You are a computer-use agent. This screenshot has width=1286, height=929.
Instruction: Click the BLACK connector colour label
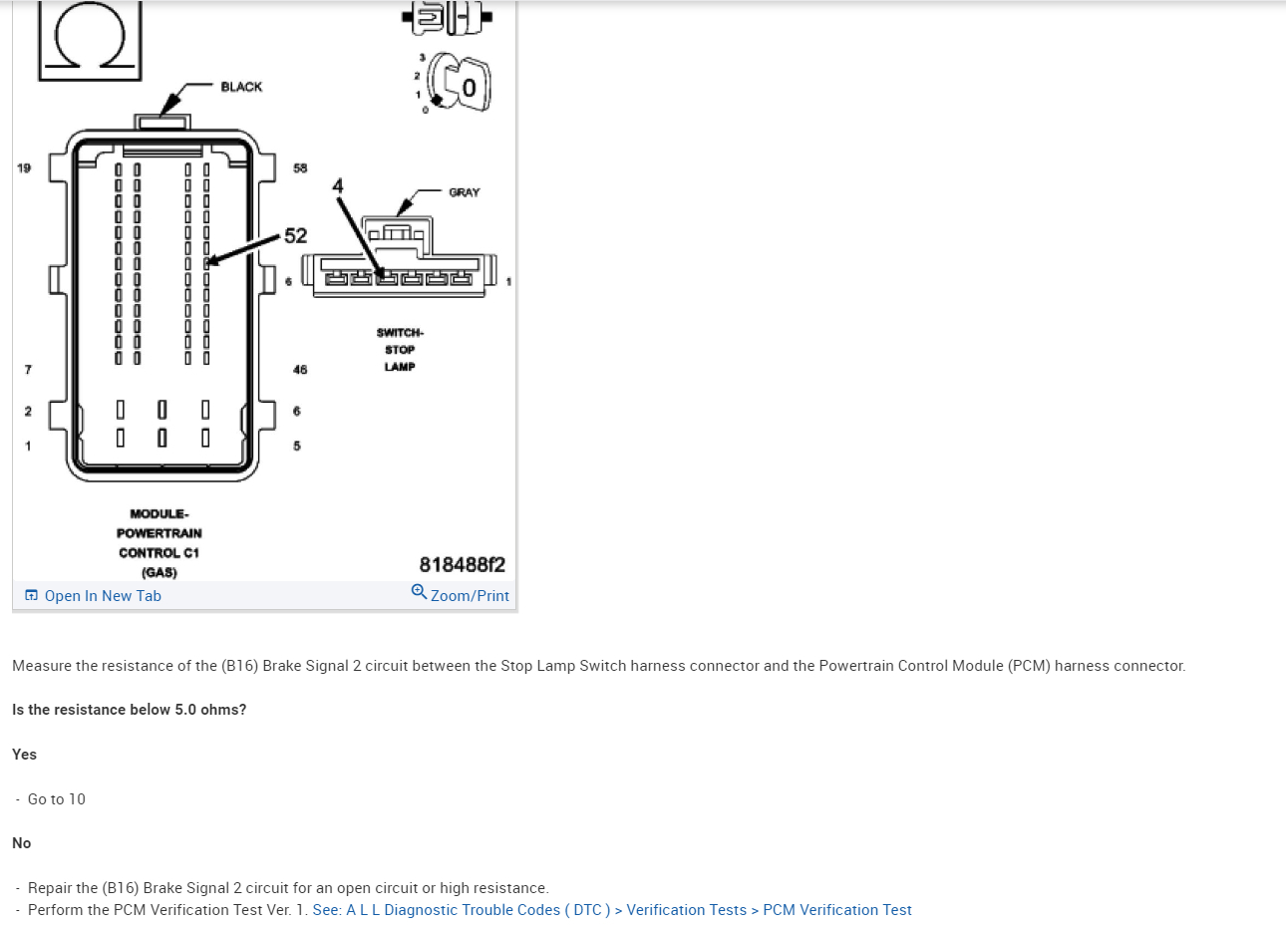pos(241,87)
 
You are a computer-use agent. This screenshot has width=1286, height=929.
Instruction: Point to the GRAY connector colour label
pos(464,192)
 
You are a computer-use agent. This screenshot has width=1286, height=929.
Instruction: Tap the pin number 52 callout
pos(296,236)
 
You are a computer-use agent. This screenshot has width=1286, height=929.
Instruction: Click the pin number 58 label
pos(300,168)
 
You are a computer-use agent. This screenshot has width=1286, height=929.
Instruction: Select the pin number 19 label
pos(24,167)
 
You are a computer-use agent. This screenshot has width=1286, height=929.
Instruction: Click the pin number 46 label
pos(300,370)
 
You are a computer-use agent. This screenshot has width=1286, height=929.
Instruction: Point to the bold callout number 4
pos(338,186)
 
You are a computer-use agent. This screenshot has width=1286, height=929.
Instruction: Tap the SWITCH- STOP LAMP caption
pos(400,350)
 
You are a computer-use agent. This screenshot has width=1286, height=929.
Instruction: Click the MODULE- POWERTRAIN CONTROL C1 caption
pos(160,533)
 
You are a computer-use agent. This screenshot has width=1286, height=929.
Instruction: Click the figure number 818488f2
pos(462,565)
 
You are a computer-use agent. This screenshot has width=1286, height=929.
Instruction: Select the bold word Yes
pos(24,755)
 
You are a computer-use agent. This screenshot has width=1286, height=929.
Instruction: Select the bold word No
pos(21,843)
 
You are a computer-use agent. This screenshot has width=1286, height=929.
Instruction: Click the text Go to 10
pos(57,799)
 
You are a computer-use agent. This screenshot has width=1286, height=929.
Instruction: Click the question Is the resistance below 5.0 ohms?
pos(129,710)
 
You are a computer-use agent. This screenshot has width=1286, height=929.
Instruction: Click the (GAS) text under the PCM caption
pos(160,573)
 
